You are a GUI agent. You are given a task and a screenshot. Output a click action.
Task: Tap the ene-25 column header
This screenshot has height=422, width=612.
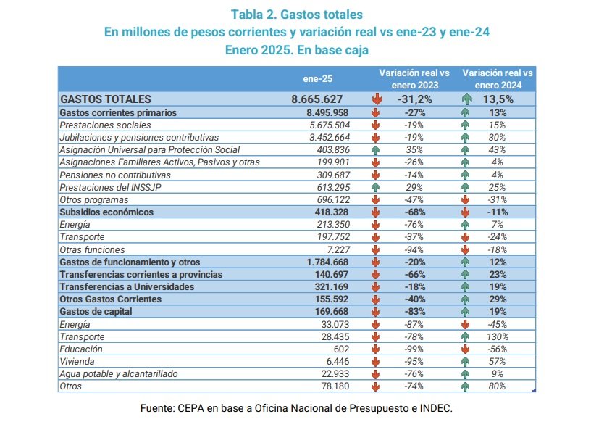point(317,78)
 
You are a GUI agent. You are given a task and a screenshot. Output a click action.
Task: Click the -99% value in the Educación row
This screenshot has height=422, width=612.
point(414,349)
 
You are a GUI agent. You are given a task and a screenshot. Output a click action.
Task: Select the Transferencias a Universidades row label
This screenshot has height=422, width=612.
point(127,287)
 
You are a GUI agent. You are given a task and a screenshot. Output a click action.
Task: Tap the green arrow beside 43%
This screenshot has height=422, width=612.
point(465,149)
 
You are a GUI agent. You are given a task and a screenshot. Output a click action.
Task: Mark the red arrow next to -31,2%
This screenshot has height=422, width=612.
point(376,99)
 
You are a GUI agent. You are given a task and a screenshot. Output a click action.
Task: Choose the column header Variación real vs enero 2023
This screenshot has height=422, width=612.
point(414,78)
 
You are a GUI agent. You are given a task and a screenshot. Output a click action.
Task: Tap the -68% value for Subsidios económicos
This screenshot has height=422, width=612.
point(414,212)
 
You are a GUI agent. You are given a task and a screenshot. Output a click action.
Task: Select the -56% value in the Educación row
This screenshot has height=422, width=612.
point(497,349)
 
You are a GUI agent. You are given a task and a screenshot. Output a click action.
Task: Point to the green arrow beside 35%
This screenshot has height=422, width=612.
point(376,149)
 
